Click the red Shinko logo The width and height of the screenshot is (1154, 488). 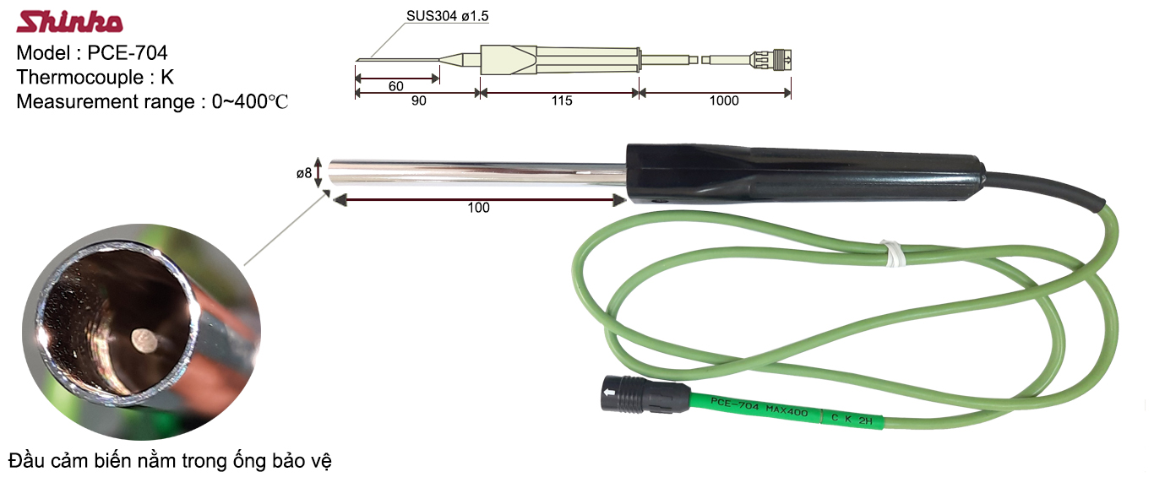tap(69, 22)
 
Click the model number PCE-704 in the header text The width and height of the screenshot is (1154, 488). tap(128, 52)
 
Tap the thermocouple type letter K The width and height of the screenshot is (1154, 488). tap(167, 77)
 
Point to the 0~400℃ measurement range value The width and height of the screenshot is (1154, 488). tap(250, 101)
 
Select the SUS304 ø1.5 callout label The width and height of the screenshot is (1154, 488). tap(447, 16)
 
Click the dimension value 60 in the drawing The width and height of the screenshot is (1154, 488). tap(395, 86)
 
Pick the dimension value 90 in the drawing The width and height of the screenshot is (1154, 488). tap(419, 100)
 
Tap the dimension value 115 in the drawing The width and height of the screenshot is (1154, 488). tap(562, 100)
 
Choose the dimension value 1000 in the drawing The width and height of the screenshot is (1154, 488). tap(724, 100)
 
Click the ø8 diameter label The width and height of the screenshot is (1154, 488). tap(304, 173)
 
